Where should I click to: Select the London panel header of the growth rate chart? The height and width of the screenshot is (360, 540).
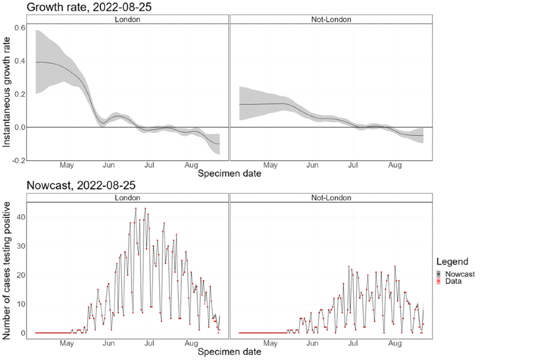(x=127, y=19)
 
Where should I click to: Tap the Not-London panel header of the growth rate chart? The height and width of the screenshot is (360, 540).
(x=331, y=19)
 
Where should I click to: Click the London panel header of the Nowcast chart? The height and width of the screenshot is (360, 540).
(x=127, y=197)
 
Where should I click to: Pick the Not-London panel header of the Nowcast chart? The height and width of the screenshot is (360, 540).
(x=331, y=197)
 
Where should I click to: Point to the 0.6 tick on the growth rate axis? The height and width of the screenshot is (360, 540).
(x=19, y=28)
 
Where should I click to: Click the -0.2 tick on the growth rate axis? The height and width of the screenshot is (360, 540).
(x=18, y=160)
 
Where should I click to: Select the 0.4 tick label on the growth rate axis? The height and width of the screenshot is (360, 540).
(x=19, y=61)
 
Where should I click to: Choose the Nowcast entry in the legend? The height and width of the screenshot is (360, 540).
(x=459, y=274)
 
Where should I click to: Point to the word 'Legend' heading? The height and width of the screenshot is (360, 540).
(x=452, y=262)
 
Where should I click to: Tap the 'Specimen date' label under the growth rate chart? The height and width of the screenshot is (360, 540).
(x=229, y=174)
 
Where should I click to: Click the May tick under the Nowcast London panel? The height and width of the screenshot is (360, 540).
(x=67, y=342)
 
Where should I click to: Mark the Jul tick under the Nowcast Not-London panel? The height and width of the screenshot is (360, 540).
(x=354, y=342)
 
